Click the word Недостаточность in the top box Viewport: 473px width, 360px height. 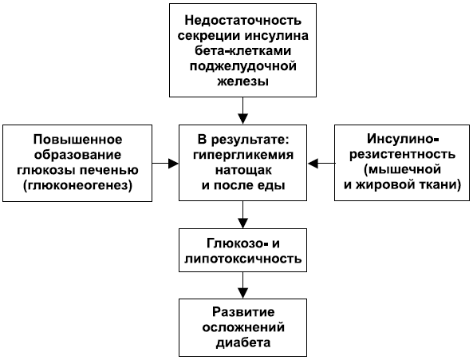point(242,21)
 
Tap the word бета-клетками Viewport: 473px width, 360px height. point(242,51)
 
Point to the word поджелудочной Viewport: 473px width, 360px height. point(242,66)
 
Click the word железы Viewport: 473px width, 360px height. point(242,81)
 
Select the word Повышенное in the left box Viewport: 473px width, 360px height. point(78,140)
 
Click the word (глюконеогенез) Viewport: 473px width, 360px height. point(77,185)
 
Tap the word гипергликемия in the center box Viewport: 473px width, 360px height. point(243,156)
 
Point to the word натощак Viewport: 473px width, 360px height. point(243,170)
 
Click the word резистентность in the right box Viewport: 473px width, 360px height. point(403,155)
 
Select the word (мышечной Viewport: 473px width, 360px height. point(403,169)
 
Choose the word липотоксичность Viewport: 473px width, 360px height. point(242,259)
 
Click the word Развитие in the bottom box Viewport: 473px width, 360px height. point(243,312)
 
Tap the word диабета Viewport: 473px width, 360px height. point(243,342)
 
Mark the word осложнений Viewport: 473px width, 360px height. point(243,327)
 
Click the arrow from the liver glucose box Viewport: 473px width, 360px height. point(165,164)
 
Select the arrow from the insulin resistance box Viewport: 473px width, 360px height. point(321,164)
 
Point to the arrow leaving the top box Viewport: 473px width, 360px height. point(242,111)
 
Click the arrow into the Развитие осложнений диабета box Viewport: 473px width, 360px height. point(242,285)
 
